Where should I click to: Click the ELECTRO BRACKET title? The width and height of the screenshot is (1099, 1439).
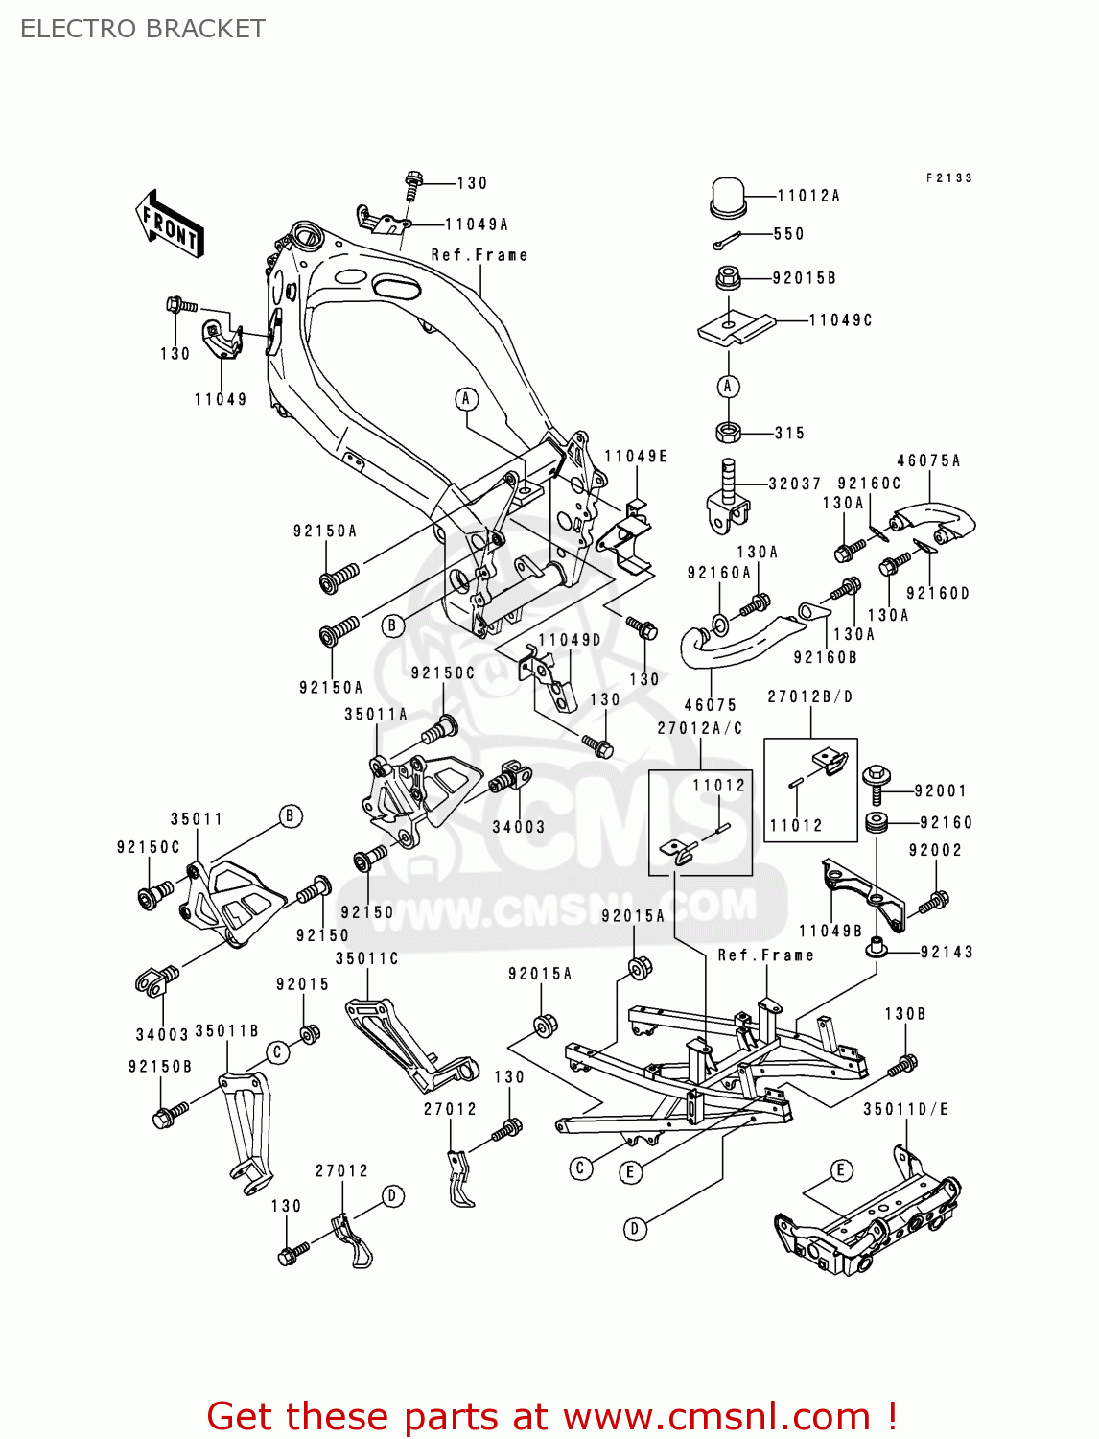pos(143,29)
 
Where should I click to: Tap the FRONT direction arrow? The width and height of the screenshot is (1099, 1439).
pos(170,224)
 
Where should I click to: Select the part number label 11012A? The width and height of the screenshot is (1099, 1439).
pos(807,196)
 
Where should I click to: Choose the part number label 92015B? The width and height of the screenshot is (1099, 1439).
pos(804,278)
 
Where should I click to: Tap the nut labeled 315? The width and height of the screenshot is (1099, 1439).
pos(728,433)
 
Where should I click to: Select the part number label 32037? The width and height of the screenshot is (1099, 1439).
pos(794,484)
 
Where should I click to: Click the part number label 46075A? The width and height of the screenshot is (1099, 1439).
pos(928,460)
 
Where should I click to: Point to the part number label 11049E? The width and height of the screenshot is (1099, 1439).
pos(636,457)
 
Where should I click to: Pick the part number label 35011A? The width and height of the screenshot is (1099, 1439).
pos(376,714)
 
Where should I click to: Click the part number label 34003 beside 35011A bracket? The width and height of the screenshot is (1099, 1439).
pos(518,827)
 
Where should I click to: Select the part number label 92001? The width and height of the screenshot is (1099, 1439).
pos(940,791)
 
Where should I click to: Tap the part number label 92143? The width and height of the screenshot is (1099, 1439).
pos(947,952)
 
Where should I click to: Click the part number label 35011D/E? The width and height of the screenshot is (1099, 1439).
pos(905,1109)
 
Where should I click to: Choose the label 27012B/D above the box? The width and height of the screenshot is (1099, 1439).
pos(809,696)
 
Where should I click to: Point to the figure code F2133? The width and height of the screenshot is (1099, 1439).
pos(948,177)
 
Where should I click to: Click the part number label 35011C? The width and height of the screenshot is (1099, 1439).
pos(366,958)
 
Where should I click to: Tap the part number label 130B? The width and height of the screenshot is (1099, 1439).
pos(904,1013)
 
